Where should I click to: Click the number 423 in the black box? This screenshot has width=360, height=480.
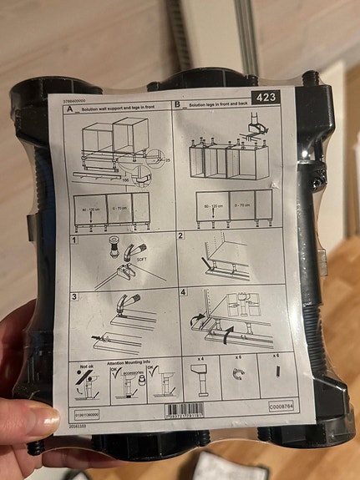266,98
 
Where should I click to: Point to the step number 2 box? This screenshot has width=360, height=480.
180,236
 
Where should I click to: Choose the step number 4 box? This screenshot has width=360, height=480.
183,292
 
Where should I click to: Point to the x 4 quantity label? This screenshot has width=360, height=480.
201,359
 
